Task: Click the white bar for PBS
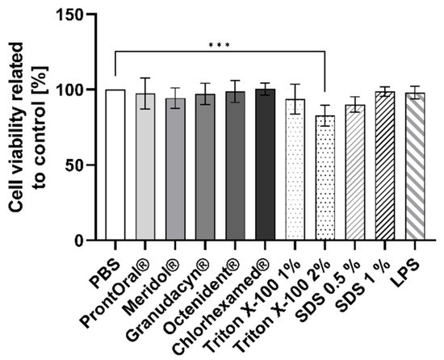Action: click(x=115, y=165)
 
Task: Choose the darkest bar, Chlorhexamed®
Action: click(x=265, y=165)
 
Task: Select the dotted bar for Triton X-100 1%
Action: click(x=295, y=170)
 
